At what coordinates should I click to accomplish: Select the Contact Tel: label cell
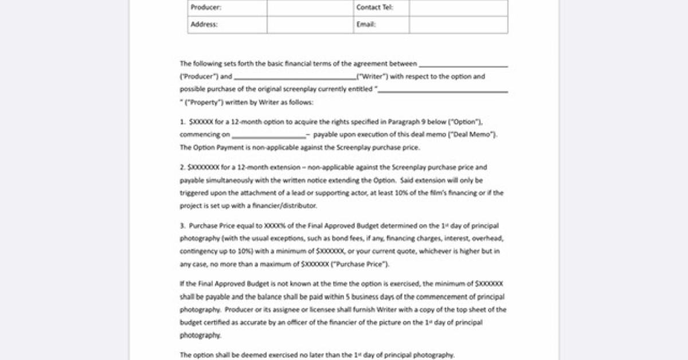[x=374, y=8]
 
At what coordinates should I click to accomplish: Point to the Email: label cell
[x=366, y=25]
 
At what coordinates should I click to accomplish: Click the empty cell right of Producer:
[x=310, y=8]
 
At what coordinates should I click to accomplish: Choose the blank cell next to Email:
[x=458, y=25]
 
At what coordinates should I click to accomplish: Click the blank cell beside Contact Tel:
[x=458, y=8]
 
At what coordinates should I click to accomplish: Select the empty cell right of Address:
[x=310, y=25]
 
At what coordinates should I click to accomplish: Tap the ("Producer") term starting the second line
[x=198, y=77]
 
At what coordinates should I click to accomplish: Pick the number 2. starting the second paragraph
[x=182, y=167]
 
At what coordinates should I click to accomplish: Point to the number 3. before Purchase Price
[x=182, y=226]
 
